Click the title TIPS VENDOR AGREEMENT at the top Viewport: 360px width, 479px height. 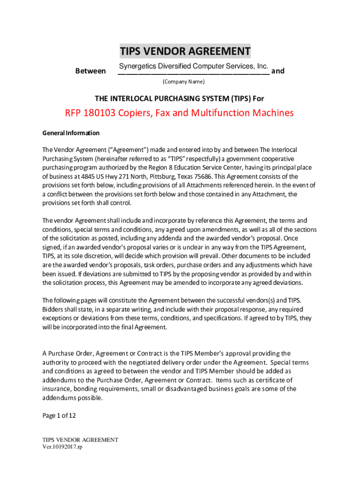(x=185, y=51)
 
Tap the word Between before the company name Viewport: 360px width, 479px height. (x=90, y=71)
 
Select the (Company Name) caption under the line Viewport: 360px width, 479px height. (x=183, y=82)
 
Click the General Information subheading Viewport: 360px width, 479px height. (x=71, y=133)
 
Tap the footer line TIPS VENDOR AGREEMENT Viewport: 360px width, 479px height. (x=80, y=440)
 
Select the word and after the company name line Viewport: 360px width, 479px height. (x=278, y=71)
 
